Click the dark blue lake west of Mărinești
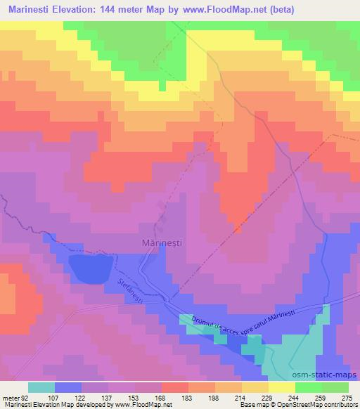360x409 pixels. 91,268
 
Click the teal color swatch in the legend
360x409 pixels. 41,387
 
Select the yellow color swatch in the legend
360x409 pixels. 281,387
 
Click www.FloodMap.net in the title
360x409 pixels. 223,10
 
